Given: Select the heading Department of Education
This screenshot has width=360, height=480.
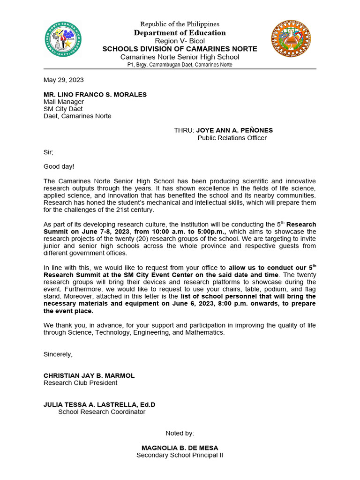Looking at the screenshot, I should [x=180, y=33].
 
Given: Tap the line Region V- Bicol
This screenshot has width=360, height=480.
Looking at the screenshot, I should [x=180, y=41].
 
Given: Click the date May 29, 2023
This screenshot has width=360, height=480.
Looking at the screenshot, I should [x=64, y=80].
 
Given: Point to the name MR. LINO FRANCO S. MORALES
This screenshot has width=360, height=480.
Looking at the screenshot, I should [x=95, y=95].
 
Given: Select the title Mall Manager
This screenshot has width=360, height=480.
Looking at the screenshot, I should [x=64, y=102].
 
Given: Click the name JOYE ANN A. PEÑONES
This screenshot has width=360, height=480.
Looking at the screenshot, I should [x=234, y=130].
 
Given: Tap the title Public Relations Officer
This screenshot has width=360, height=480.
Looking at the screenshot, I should [x=232, y=138].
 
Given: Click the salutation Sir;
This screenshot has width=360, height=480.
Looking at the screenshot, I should [x=49, y=152].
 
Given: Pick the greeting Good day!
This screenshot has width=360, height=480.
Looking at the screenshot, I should [x=59, y=166].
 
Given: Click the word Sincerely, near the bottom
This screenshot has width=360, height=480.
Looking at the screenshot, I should [x=58, y=354].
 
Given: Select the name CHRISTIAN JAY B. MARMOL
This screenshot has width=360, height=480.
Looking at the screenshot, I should [x=89, y=375].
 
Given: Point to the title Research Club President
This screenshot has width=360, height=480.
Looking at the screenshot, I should [x=81, y=383].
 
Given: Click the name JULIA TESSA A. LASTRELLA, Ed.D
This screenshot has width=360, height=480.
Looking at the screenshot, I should [x=99, y=405].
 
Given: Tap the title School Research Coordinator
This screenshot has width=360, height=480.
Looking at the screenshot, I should [x=102, y=412].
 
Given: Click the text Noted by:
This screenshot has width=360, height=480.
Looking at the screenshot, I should [x=180, y=433].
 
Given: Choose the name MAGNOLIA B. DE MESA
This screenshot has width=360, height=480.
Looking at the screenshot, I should [x=180, y=448].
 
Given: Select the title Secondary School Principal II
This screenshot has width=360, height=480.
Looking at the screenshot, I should [x=180, y=455].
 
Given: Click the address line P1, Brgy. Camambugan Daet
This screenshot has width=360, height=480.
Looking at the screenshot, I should [x=180, y=65].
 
